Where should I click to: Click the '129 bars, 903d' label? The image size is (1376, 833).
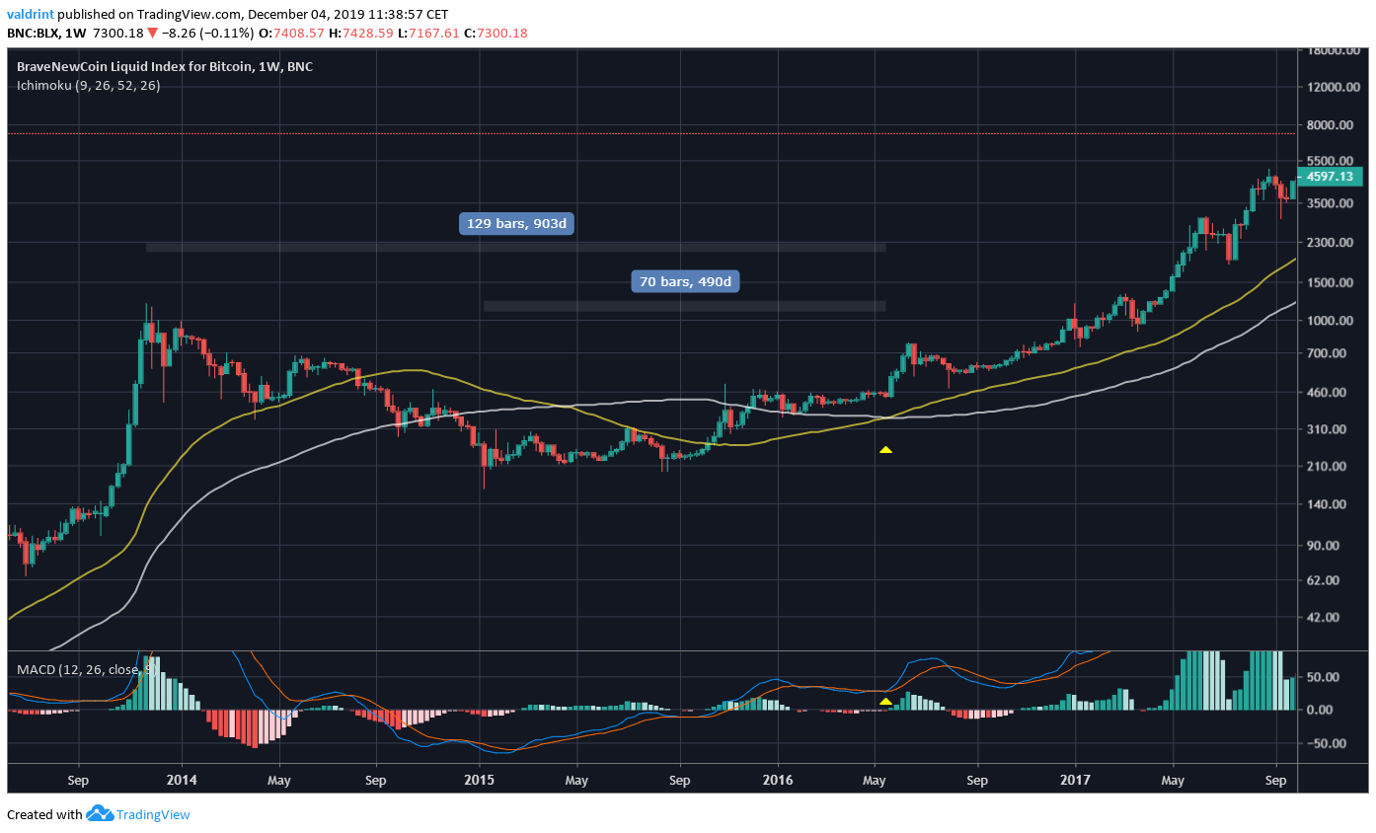point(517,224)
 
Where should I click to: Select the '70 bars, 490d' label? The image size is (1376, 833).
point(686,282)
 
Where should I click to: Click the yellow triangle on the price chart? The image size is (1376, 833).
point(885,450)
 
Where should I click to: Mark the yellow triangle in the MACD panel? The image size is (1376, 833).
point(885,702)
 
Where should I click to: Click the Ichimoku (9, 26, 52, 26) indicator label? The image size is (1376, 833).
point(89,85)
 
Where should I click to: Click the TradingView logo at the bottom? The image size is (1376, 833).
point(138,815)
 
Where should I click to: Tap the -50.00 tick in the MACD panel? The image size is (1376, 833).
point(1329,743)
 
